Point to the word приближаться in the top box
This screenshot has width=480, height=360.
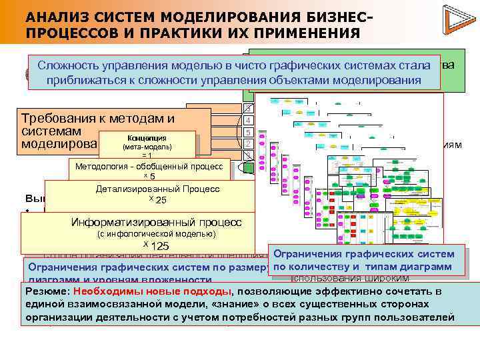85,81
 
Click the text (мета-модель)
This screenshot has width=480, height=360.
149,147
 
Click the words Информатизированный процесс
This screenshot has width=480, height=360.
156,223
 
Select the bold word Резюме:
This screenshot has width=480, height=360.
48,292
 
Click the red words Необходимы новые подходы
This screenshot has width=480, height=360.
153,292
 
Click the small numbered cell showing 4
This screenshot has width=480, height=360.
248,120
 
